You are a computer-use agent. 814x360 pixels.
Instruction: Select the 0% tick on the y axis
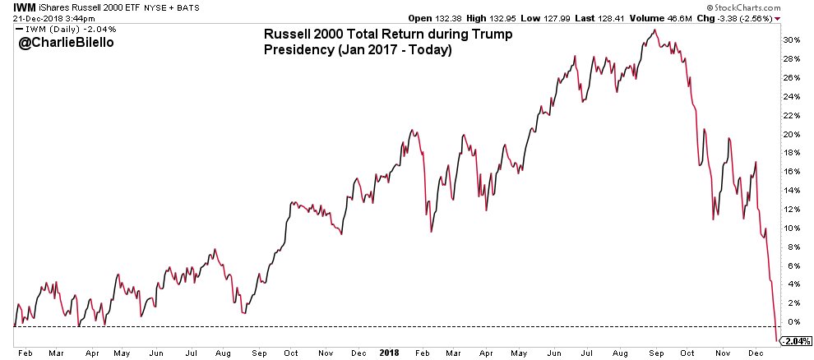(x=791, y=321)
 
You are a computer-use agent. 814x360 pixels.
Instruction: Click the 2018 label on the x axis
(x=388, y=352)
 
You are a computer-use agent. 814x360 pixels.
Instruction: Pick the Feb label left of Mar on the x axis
(x=24, y=352)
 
